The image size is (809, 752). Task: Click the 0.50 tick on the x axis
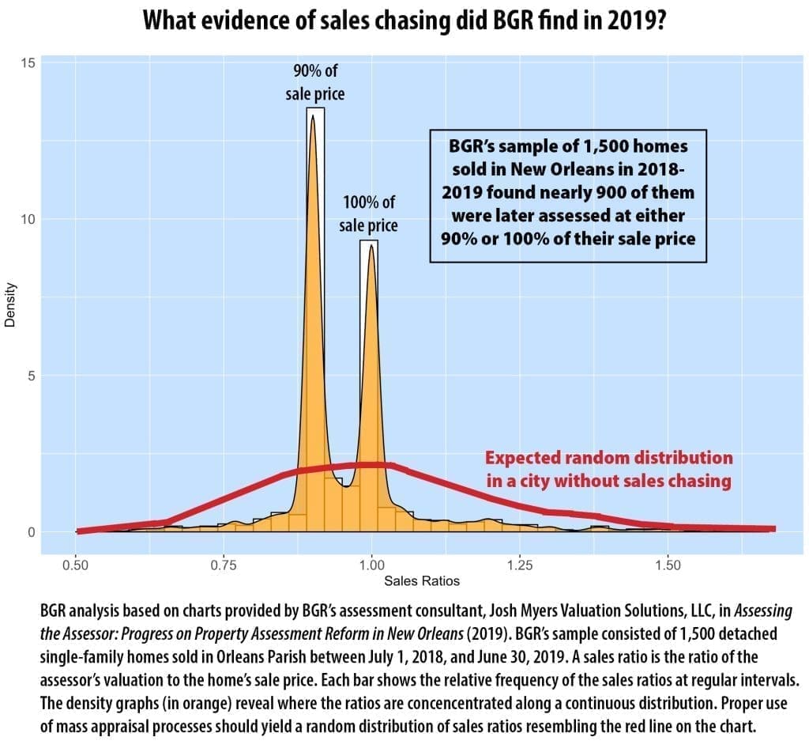coord(76,565)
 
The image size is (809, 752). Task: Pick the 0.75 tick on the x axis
coord(224,565)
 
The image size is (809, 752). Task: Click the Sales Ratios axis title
coord(422,581)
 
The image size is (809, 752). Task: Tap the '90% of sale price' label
coord(314,82)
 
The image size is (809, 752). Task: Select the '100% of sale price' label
coord(368,214)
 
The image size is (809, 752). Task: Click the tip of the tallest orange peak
coord(313,116)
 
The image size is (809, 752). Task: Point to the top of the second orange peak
coord(371,246)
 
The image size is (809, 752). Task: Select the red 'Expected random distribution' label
coord(608,468)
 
